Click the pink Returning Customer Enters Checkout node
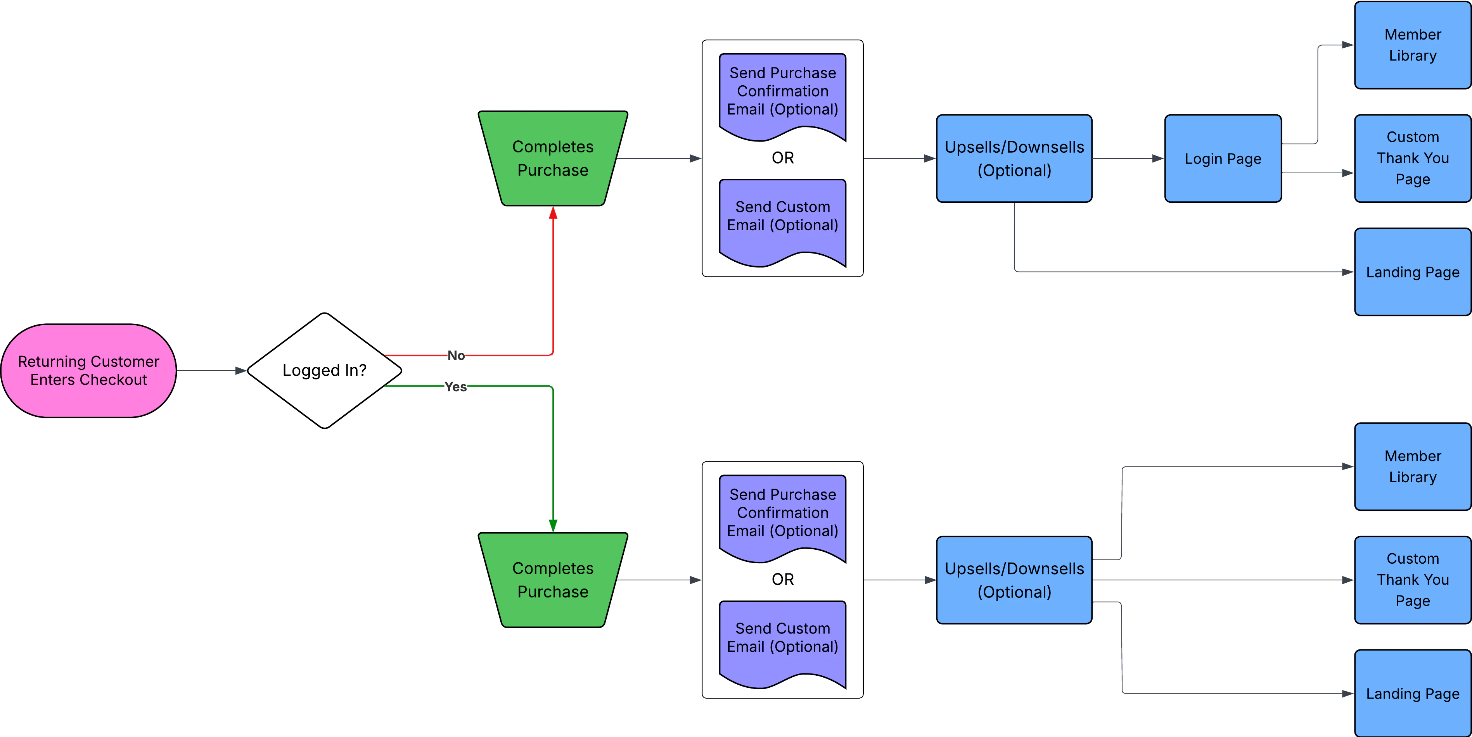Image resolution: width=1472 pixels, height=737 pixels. point(88,371)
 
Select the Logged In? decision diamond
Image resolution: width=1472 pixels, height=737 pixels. point(324,371)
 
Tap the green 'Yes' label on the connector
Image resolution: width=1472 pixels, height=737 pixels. point(455,387)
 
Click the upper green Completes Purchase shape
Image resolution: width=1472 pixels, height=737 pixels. point(553,158)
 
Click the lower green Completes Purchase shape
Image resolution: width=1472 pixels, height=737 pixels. point(553,580)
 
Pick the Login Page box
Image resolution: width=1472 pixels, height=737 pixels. point(1223,158)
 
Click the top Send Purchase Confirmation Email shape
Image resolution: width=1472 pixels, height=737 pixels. point(782,91)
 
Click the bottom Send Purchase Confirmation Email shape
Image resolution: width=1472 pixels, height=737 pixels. point(782,513)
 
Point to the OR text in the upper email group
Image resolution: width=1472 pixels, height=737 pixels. point(782,158)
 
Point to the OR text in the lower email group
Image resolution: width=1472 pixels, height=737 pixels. point(782,579)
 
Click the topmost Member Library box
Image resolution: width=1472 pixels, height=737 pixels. point(1413,45)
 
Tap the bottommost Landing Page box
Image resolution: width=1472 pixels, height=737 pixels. point(1413,693)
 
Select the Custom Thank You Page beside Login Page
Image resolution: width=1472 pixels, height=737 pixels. point(1413,158)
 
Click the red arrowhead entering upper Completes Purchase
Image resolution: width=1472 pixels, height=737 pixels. point(553,213)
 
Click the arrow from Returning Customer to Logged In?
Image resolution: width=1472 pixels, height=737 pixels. point(211,371)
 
